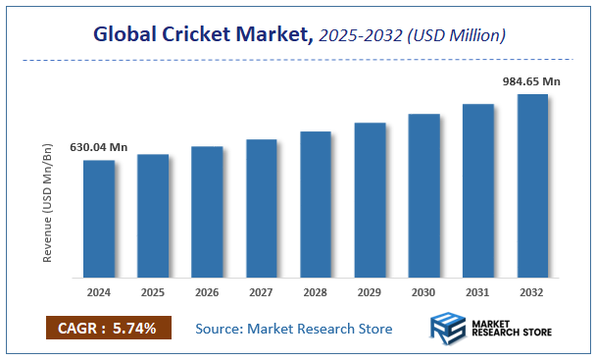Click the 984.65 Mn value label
click(x=530, y=83)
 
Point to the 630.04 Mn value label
click(x=98, y=147)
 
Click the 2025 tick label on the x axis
click(x=153, y=291)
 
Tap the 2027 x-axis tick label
click(x=261, y=291)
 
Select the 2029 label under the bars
click(x=370, y=291)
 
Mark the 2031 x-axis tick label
click(x=478, y=291)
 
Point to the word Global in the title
click(x=125, y=35)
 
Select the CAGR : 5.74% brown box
click(x=108, y=328)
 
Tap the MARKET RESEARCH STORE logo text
click(x=512, y=329)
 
